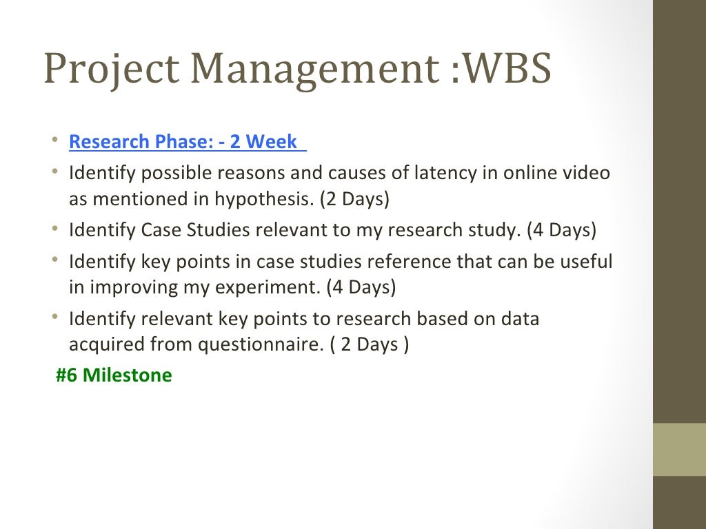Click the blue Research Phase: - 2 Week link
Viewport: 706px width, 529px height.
(x=183, y=142)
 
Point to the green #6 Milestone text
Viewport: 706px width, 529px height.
(x=114, y=375)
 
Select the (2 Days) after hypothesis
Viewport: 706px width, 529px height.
(x=354, y=199)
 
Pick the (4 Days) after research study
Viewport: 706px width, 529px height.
(x=561, y=230)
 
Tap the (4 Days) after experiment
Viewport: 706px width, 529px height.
(x=361, y=287)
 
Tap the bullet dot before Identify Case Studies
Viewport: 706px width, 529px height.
(x=54, y=229)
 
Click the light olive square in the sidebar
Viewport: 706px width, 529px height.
(x=679, y=449)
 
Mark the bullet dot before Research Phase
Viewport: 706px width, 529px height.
(x=54, y=141)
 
